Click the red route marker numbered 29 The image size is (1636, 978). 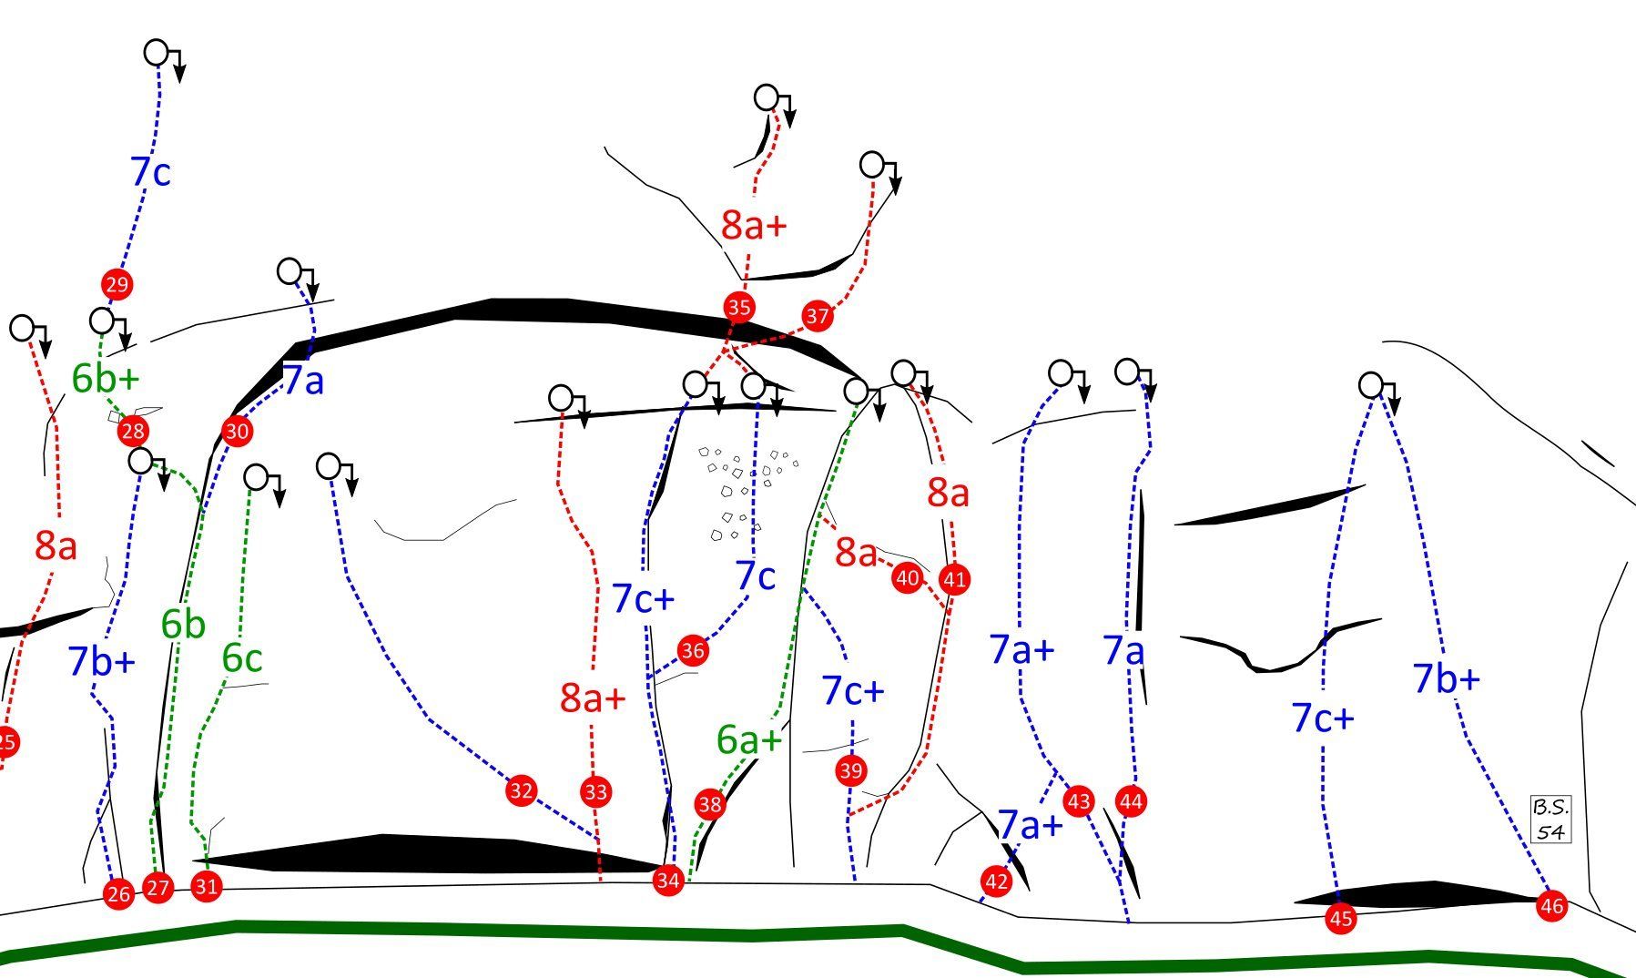[x=117, y=285]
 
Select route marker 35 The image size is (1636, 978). [x=738, y=308]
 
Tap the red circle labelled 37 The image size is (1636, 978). [x=817, y=316]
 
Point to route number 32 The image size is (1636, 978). [x=521, y=790]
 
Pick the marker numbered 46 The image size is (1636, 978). [x=1551, y=906]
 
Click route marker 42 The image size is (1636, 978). [x=996, y=881]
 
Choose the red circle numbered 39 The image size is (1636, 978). [x=850, y=771]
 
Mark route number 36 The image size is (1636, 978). [x=693, y=650]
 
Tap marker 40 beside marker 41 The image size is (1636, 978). [x=907, y=578]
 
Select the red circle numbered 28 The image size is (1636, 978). [x=133, y=432]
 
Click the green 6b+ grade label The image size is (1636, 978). [x=106, y=379]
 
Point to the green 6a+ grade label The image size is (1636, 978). [x=748, y=740]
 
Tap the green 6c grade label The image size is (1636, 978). [x=241, y=658]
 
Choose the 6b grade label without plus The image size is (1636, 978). [x=183, y=625]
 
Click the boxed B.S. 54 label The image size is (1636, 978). [x=1550, y=819]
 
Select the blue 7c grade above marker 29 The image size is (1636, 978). [x=150, y=172]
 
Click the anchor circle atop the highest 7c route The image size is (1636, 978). [x=157, y=53]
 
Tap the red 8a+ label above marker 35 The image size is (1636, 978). [x=753, y=225]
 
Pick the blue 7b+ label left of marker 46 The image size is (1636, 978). [x=1446, y=679]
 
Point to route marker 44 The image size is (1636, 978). [x=1131, y=801]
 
